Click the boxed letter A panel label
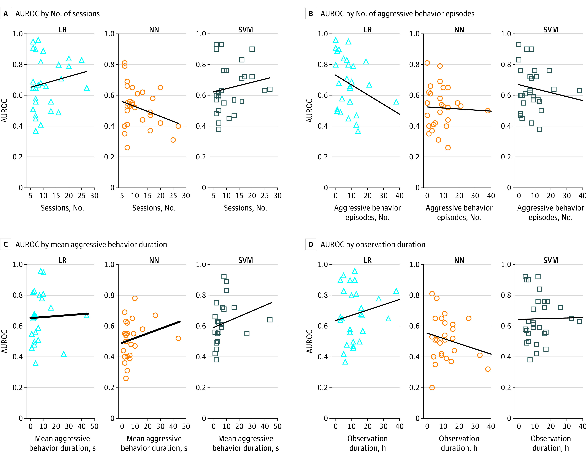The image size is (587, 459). tap(5, 14)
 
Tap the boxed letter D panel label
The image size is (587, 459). tap(311, 244)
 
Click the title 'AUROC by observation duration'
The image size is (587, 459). tap(373, 244)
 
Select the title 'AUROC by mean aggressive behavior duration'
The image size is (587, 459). tap(91, 244)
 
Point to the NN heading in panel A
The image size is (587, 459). tap(154, 30)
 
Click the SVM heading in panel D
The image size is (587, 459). tap(551, 260)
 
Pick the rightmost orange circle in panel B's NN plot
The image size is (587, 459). tap(488, 110)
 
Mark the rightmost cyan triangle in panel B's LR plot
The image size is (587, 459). tap(396, 102)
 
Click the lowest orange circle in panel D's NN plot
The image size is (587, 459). tap(432, 387)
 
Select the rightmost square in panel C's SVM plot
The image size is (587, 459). tap(270, 320)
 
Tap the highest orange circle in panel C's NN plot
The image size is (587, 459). tap(135, 298)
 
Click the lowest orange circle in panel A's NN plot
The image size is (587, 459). tap(127, 148)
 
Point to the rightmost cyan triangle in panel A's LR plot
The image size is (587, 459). tap(87, 88)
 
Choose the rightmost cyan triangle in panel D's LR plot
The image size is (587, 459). tap(396, 291)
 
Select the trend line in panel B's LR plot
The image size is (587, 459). tap(367, 95)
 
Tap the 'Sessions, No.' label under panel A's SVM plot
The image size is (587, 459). tap(245, 208)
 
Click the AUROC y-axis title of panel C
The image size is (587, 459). tap(4, 341)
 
